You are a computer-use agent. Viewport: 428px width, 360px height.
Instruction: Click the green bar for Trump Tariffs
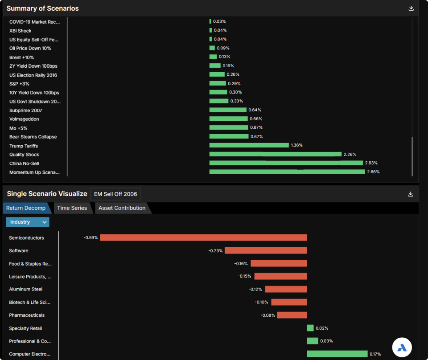pos(249,145)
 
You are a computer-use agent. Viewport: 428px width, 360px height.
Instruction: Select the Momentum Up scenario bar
pos(287,172)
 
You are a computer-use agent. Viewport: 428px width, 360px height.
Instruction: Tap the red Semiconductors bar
pos(203,237)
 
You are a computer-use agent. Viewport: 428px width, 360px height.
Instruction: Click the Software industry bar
pos(266,251)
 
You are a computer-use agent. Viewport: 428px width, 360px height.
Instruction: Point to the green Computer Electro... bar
pos(337,354)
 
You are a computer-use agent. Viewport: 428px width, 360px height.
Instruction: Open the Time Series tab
pos(72,208)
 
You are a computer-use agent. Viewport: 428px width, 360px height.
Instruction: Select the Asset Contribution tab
pos(122,208)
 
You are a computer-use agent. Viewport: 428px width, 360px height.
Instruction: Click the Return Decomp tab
pos(26,208)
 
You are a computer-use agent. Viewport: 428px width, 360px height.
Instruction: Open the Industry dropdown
pos(28,222)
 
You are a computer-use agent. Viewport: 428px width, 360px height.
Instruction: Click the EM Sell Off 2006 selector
pos(115,194)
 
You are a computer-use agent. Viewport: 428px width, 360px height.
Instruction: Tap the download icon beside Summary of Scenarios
pos(411,8)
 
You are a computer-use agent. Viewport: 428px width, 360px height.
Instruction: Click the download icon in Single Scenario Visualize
pos(411,194)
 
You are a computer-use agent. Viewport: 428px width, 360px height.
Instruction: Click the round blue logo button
pos(402,348)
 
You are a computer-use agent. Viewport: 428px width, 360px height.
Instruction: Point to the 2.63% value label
pos(371,163)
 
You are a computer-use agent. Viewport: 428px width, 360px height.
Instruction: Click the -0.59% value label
pos(91,238)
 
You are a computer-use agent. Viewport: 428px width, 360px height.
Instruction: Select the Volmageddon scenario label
pos(24,119)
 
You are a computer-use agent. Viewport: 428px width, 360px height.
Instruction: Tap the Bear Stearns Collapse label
pos(33,137)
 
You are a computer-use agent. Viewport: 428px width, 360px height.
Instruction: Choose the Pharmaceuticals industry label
pos(27,315)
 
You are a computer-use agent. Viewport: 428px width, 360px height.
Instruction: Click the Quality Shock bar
pos(276,154)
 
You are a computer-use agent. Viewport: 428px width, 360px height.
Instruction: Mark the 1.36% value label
pos(297,145)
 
